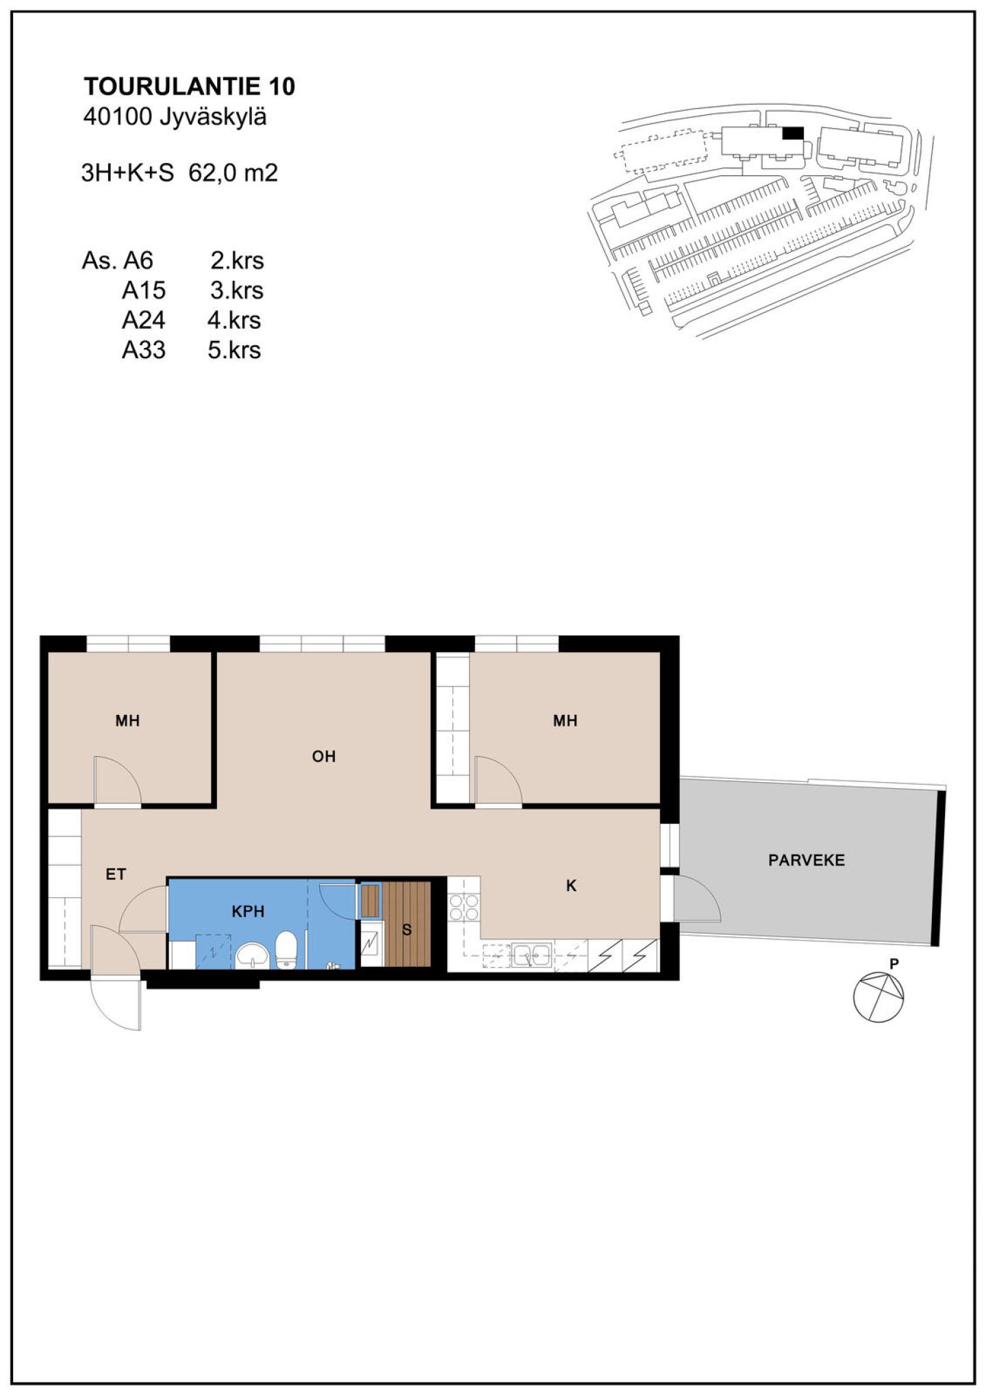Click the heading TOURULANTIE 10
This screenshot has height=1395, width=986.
pyautogui.click(x=189, y=86)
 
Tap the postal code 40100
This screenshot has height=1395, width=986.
pyautogui.click(x=116, y=118)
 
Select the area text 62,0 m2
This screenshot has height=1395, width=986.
pyautogui.click(x=233, y=173)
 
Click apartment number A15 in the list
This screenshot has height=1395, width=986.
pyautogui.click(x=144, y=290)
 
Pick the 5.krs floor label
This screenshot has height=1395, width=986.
pyautogui.click(x=234, y=350)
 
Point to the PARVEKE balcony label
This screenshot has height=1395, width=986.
pyautogui.click(x=806, y=860)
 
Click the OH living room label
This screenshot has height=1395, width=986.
pyautogui.click(x=324, y=757)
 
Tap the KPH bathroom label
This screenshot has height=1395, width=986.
pyautogui.click(x=248, y=912)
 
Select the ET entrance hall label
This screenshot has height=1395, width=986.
pyautogui.click(x=116, y=875)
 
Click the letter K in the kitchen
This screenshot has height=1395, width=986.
pyautogui.click(x=571, y=886)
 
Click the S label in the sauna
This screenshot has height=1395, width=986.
pyautogui.click(x=407, y=930)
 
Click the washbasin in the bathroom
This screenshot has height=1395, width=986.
pyautogui.click(x=254, y=956)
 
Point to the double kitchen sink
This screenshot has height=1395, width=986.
pyautogui.click(x=532, y=953)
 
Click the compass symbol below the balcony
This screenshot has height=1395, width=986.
pyautogui.click(x=878, y=997)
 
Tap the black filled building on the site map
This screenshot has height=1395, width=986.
pyautogui.click(x=793, y=133)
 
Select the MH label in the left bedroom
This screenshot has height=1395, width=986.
pyautogui.click(x=127, y=720)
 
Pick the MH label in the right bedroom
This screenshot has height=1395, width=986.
pyautogui.click(x=565, y=720)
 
